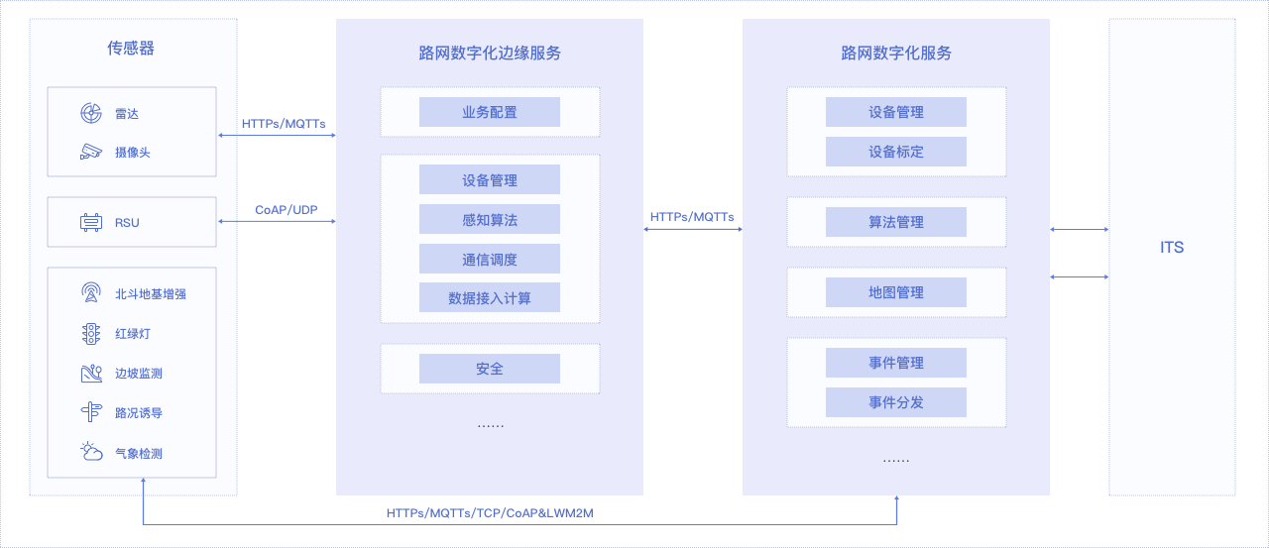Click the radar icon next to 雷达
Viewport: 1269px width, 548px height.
point(90,113)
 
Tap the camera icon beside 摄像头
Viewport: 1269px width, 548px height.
point(90,152)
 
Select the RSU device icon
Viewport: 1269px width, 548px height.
point(90,223)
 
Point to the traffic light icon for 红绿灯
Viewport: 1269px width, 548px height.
point(90,333)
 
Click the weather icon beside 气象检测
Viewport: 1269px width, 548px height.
point(91,452)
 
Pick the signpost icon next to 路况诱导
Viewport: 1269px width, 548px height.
point(90,412)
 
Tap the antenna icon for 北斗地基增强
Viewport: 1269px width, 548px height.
point(90,292)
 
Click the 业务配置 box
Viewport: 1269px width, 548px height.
point(490,112)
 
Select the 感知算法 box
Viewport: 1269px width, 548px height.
point(490,219)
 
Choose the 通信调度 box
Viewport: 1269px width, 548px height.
point(490,259)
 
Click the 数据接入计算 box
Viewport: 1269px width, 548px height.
point(490,297)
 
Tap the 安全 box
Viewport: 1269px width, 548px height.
point(490,369)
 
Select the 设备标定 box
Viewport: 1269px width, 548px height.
point(895,152)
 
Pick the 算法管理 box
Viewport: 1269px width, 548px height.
point(895,222)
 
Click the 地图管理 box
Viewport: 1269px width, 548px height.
point(895,292)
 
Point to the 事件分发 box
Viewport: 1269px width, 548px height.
point(895,402)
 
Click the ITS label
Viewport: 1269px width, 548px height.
point(1172,248)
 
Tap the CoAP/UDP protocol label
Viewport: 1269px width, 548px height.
point(287,209)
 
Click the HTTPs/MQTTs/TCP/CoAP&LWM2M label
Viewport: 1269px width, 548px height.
point(490,513)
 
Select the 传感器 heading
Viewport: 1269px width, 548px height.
point(131,49)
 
